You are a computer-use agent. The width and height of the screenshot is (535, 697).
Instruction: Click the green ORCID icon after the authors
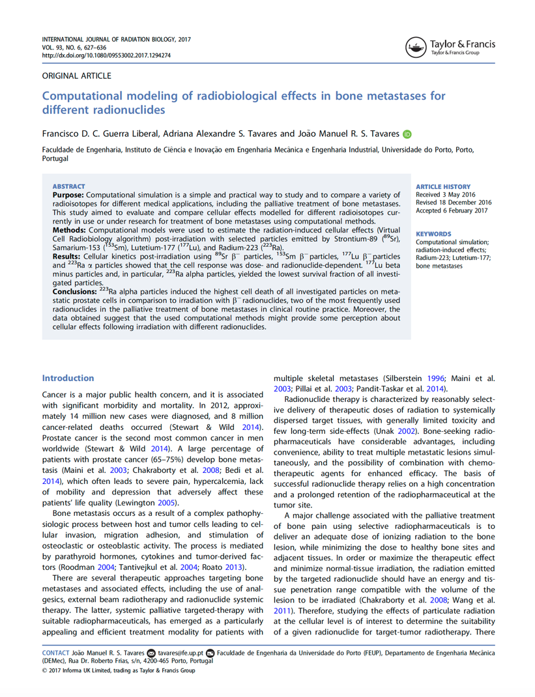tap(407, 134)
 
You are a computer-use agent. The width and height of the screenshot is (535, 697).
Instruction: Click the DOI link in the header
tap(106, 56)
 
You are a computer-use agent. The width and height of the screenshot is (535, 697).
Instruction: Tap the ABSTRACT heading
tap(68, 186)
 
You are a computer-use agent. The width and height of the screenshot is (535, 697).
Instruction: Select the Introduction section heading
tap(68, 378)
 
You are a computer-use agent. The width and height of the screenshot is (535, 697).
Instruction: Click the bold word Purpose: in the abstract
tap(68, 195)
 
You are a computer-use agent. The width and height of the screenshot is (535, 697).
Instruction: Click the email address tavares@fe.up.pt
tap(181, 652)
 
